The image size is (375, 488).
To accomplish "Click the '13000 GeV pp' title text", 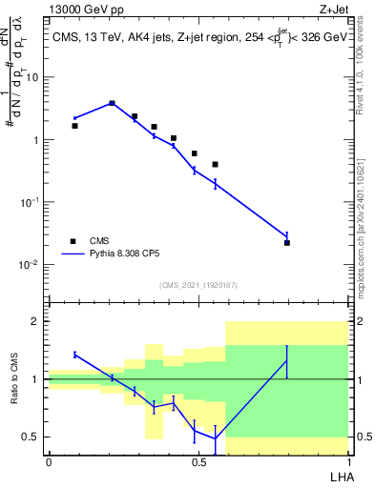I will tap(88, 9).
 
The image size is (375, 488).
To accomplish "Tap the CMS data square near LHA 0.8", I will tap(287, 243).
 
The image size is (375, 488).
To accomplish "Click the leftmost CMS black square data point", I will tap(75, 126).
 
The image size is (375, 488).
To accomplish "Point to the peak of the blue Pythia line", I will tap(112, 103).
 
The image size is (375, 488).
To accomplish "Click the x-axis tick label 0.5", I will tap(198, 461).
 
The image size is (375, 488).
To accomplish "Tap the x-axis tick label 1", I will tap(347, 461).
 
